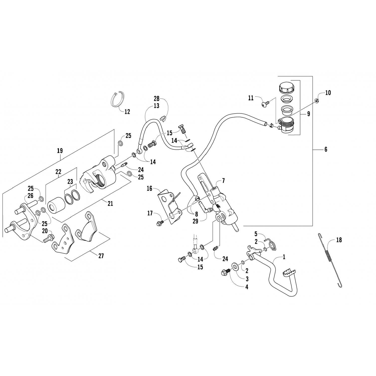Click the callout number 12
(127, 112)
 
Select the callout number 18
(339, 240)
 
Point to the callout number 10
(328, 93)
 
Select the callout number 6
(326, 149)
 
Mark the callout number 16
(149, 189)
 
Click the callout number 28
(157, 99)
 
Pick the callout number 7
(223, 181)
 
